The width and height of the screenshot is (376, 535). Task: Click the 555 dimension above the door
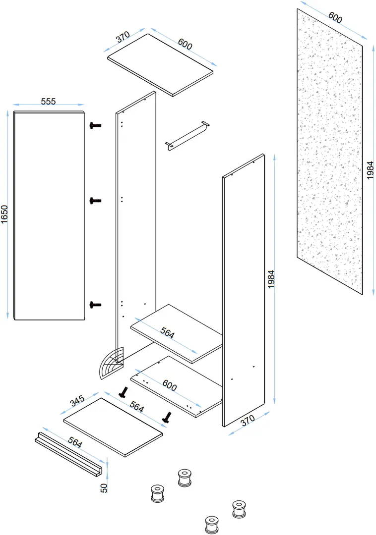(x=48, y=101)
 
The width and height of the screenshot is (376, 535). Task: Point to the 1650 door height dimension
(x=4, y=215)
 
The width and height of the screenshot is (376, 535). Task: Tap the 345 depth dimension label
(x=77, y=400)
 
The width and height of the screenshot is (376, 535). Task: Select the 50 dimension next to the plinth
(x=104, y=487)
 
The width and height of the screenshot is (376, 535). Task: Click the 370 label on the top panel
(x=123, y=38)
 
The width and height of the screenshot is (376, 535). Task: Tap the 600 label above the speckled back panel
(x=335, y=18)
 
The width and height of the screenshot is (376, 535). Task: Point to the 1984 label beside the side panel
(x=271, y=280)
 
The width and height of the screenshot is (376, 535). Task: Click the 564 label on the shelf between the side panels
(x=167, y=334)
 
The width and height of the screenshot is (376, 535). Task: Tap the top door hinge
(x=95, y=126)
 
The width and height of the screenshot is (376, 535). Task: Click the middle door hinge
(x=95, y=201)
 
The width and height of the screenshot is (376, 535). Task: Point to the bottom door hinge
(x=95, y=305)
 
